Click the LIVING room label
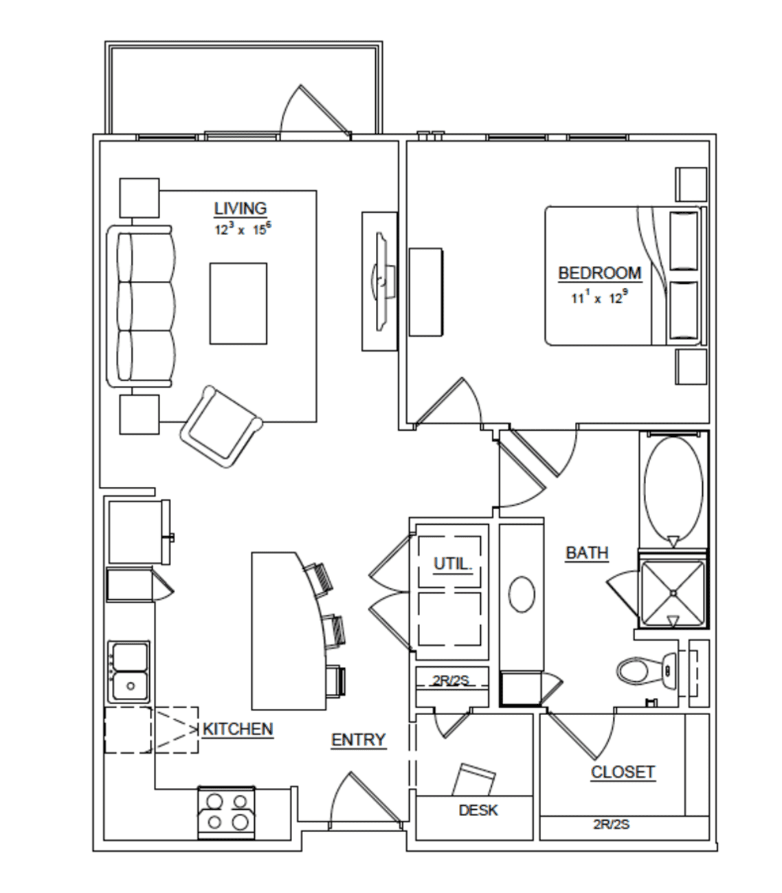click(x=240, y=208)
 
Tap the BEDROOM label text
click(x=600, y=273)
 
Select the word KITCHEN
click(x=238, y=729)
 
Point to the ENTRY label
click(x=359, y=740)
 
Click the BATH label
click(x=587, y=553)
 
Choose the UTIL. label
click(x=453, y=564)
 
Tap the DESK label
click(x=478, y=810)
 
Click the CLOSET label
click(x=623, y=772)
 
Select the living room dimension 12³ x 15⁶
click(x=243, y=229)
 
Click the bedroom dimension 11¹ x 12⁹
click(x=599, y=297)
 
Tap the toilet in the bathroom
click(x=647, y=671)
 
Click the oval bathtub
click(x=673, y=491)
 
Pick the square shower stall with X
click(x=673, y=593)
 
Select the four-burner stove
click(x=227, y=813)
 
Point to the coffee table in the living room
click(x=238, y=304)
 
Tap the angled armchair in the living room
click(x=221, y=427)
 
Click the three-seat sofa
click(x=141, y=306)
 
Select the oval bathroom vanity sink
click(x=522, y=594)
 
